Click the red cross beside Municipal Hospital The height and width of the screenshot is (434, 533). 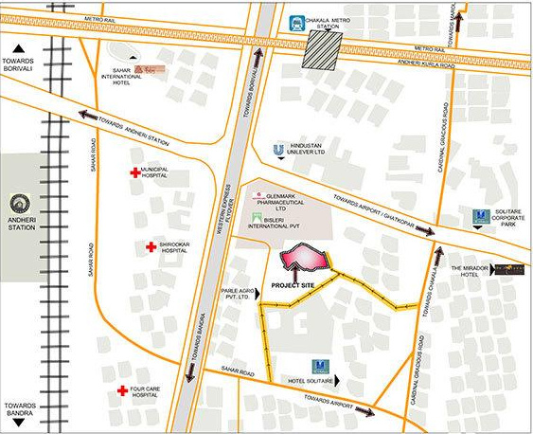pyautogui.click(x=134, y=172)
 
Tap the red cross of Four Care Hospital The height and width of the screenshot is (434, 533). pyautogui.click(x=122, y=390)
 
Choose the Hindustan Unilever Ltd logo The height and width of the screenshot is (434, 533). pyautogui.click(x=277, y=149)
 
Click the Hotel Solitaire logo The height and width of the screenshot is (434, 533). pyautogui.click(x=318, y=366)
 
